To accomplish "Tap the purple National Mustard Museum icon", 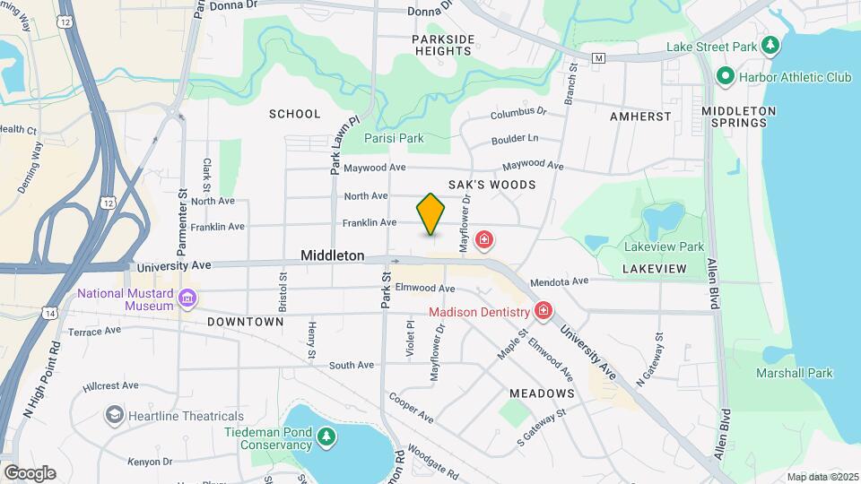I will tap(187, 298).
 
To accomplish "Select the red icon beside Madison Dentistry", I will tap(543, 312).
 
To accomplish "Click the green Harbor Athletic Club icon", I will tap(726, 77).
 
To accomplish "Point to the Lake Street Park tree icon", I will tap(769, 45).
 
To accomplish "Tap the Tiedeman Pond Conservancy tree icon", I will tap(327, 436).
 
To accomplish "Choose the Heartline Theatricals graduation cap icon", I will tap(115, 415).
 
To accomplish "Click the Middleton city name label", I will tap(333, 255).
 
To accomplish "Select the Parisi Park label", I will tap(394, 138).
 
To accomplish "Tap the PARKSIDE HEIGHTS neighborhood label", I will tap(442, 46).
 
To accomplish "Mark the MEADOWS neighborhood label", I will tap(542, 393).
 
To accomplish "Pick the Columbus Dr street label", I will tap(517, 113).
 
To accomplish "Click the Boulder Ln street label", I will tap(515, 139).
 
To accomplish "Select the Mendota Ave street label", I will tap(559, 281).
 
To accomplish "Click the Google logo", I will tap(30, 472).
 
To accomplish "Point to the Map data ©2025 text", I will tap(822, 477).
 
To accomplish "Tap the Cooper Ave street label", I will tap(412, 408).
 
